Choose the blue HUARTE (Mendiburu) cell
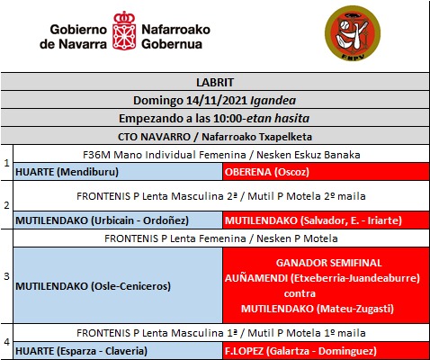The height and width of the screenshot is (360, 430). [118, 171]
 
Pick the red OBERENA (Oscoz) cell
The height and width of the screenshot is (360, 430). [326, 171]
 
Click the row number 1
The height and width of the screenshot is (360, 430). [6, 163]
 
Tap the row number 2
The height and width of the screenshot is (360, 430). [6, 204]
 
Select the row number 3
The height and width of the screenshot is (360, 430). [6, 276]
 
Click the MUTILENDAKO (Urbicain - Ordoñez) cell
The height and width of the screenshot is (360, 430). [118, 220]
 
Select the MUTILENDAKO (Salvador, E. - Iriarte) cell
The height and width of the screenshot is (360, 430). [326, 220]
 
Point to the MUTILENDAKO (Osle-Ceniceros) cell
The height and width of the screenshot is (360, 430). [118, 285]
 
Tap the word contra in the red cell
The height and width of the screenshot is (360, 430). [326, 292]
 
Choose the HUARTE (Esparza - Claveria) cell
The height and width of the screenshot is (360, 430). [118, 351]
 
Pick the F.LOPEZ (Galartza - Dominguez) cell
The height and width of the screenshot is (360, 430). [326, 351]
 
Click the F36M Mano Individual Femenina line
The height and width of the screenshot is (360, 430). [221, 154]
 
